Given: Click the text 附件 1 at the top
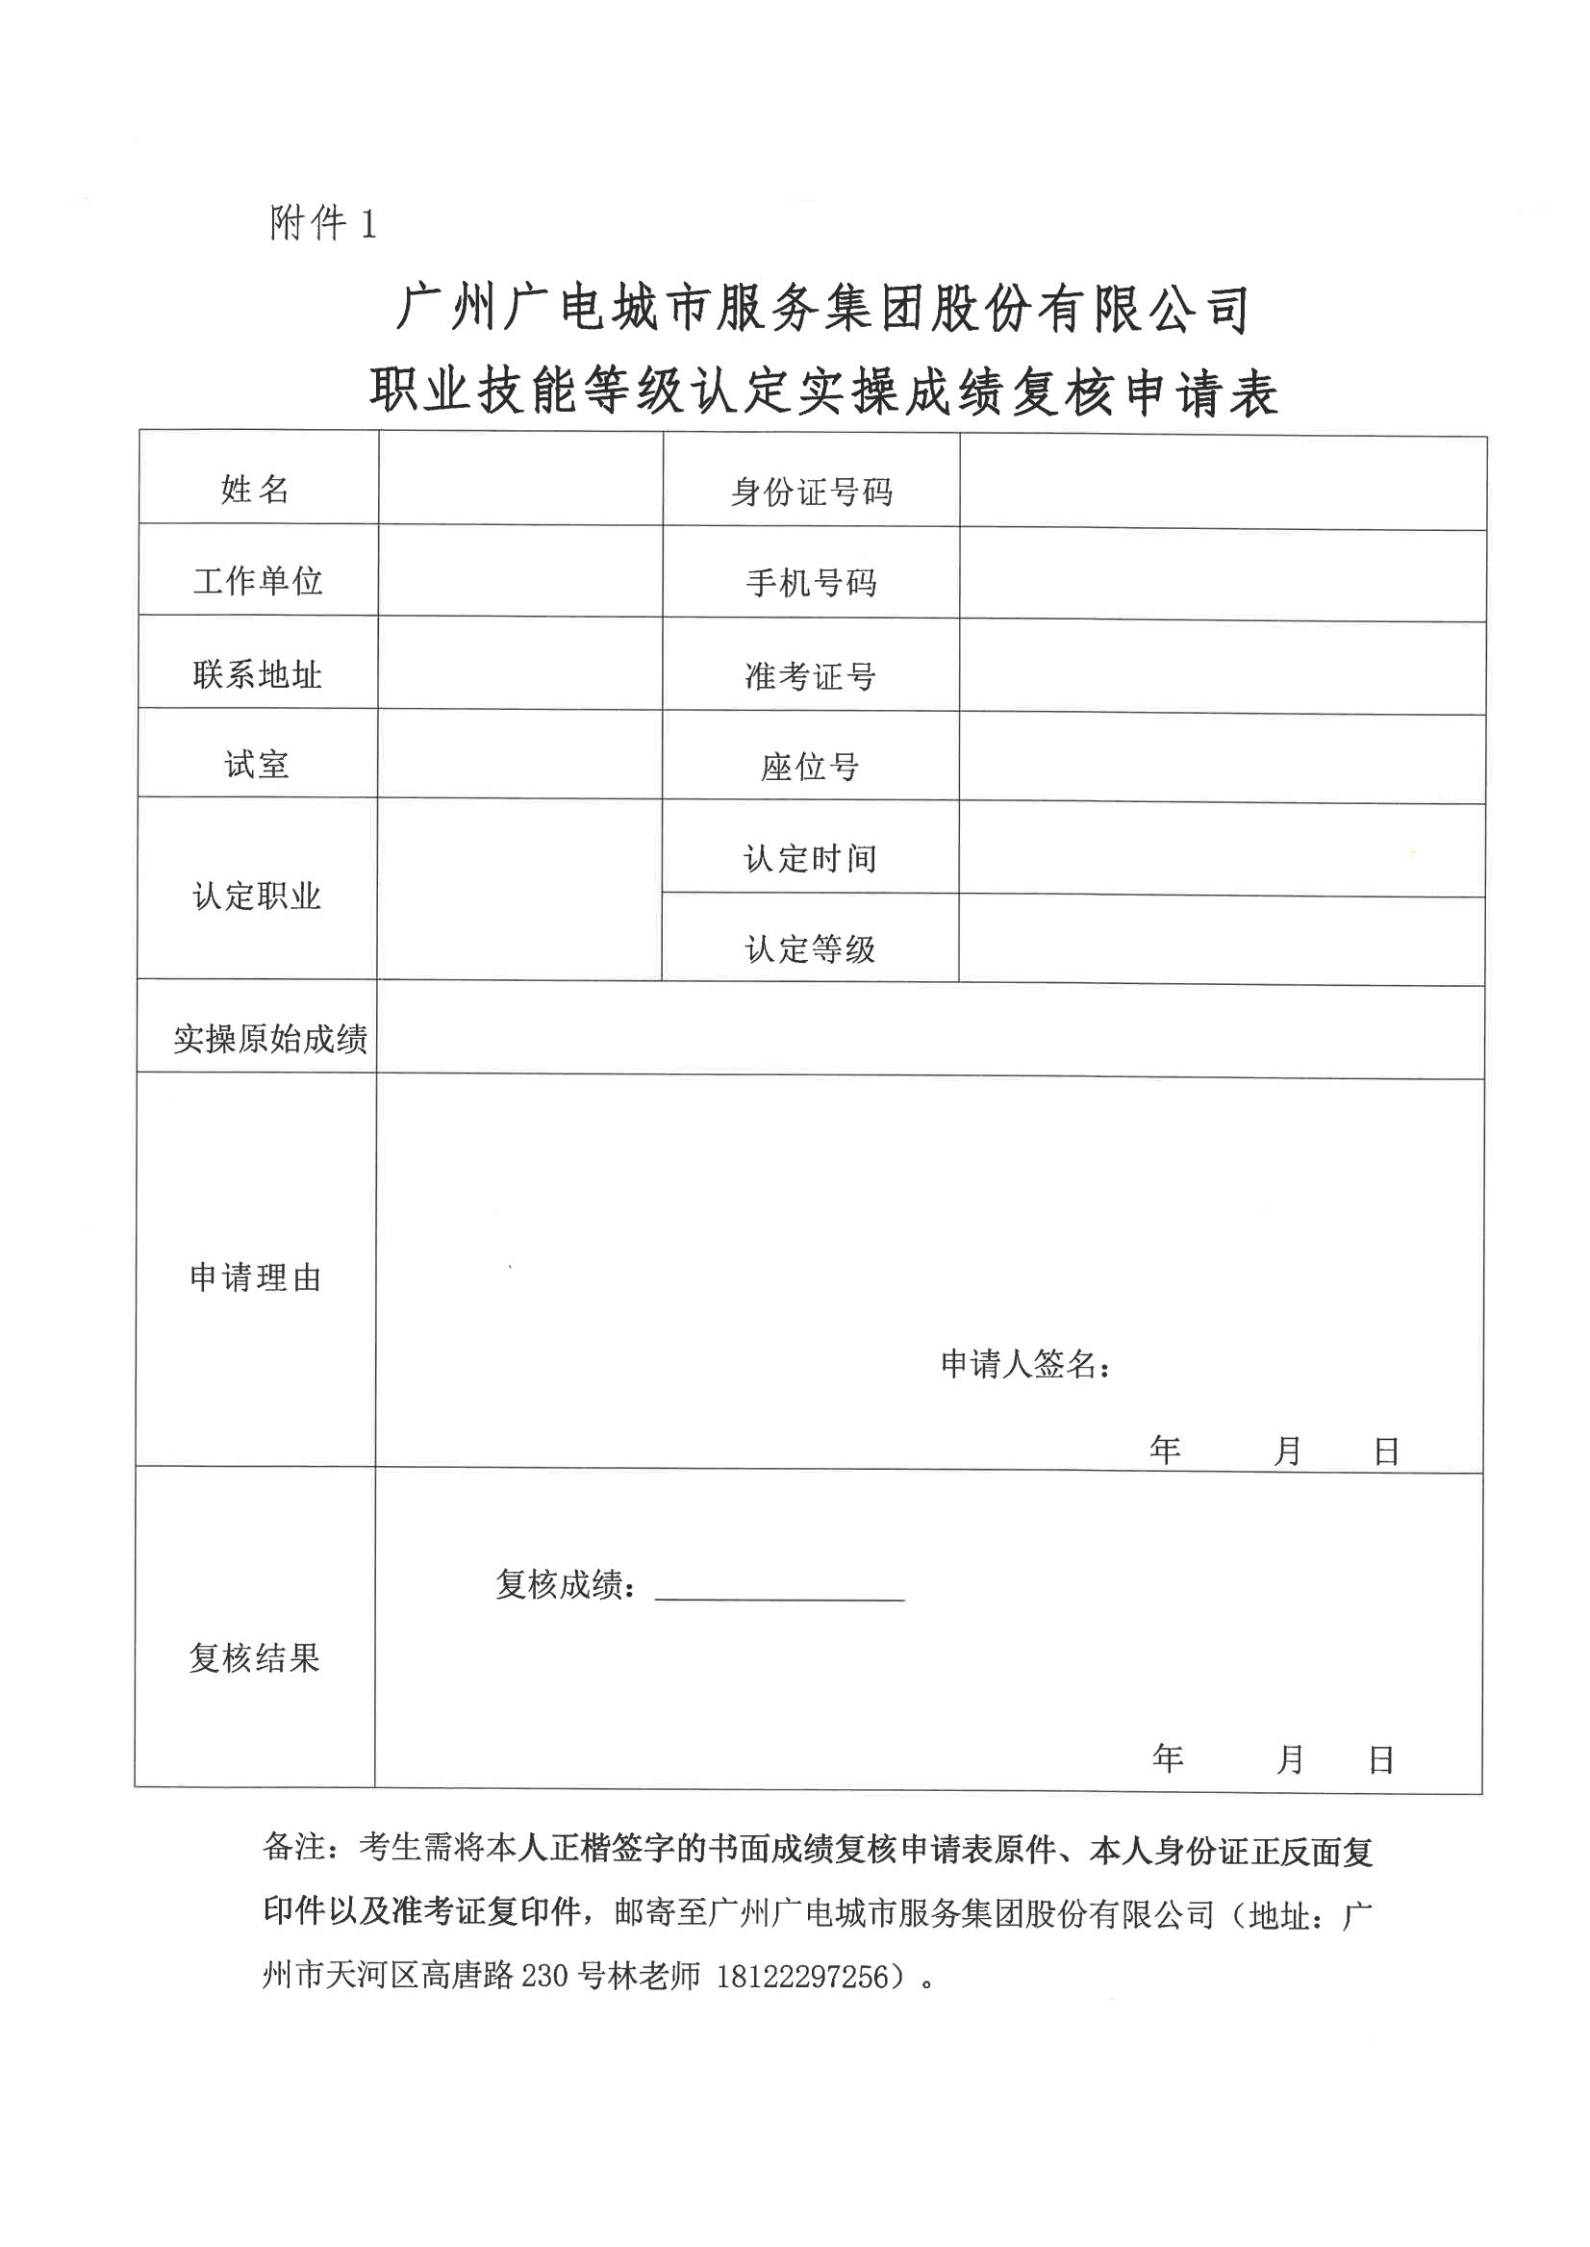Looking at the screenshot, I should tap(322, 224).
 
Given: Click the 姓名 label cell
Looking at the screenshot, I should tap(256, 489).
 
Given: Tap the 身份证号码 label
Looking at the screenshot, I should tap(811, 492).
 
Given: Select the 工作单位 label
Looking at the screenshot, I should tap(258, 581).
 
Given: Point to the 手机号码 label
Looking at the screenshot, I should tap(811, 583).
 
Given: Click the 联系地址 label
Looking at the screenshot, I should tap(258, 673).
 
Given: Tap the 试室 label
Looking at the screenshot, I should tap(257, 764).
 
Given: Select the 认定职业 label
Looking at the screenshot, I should tap(258, 896).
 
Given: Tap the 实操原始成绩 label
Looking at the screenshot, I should tap(270, 1039).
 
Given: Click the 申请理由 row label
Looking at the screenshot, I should tap(256, 1277).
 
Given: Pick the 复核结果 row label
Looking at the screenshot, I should tap(255, 1658).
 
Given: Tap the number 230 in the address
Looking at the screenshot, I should tap(544, 2004).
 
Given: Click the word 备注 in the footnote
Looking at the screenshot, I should tap(293, 1848).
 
